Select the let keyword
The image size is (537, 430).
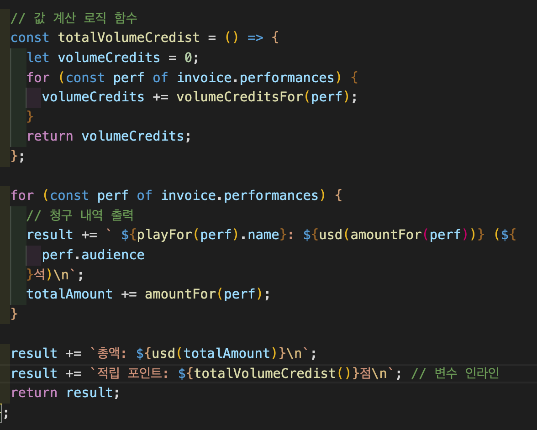(x=38, y=58)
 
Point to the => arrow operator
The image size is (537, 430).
(x=255, y=37)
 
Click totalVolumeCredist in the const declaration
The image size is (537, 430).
(x=129, y=37)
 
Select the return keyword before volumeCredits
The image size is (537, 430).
(x=50, y=136)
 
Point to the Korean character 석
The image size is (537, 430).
(x=41, y=275)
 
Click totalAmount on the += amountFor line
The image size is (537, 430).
(x=69, y=294)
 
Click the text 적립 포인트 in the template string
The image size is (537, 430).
(x=132, y=373)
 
